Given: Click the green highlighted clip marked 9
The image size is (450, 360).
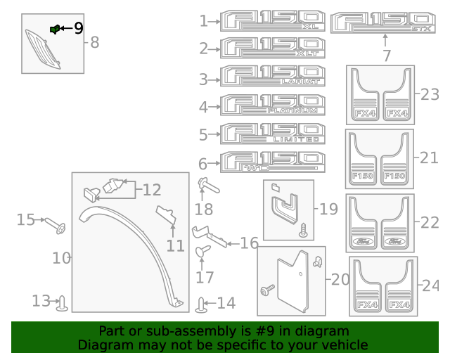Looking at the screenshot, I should click(54, 29).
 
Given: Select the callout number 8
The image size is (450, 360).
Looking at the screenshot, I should click(94, 43).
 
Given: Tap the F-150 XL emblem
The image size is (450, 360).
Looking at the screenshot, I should click(273, 21).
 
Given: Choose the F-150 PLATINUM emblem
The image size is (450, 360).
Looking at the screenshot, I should click(273, 105).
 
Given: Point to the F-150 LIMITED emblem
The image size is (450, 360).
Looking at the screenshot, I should click(273, 134).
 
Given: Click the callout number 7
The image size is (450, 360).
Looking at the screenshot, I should click(386, 55).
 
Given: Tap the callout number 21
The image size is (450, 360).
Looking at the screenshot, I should click(428, 158).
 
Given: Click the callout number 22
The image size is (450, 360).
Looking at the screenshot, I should click(429, 222).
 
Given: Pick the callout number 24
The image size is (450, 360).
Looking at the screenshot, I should click(430, 285).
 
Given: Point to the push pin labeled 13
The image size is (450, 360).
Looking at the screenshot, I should click(64, 303).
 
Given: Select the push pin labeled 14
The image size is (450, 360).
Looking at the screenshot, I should click(202, 304).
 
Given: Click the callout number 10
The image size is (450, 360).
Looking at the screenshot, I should click(61, 258).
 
